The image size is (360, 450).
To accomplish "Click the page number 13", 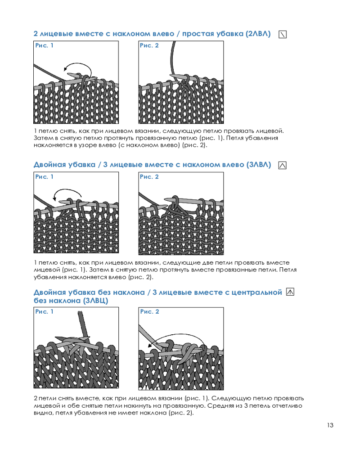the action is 330,425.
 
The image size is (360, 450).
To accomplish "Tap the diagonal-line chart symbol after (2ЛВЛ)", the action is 283,35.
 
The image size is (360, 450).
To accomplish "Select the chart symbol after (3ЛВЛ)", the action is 283,165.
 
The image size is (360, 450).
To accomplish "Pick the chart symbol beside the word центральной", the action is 290,292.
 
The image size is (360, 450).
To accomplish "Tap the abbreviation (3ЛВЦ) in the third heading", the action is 95,301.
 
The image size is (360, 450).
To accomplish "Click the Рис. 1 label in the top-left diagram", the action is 44,45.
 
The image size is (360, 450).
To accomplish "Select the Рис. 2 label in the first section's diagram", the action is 149,45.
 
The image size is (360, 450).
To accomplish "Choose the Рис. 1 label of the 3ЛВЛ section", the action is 44,177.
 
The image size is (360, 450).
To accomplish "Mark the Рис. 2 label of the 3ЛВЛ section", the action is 149,177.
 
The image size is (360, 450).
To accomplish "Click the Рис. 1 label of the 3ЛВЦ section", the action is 44,312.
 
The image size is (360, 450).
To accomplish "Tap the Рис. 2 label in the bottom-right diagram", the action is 149,312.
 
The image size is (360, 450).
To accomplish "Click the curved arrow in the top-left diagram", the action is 81,64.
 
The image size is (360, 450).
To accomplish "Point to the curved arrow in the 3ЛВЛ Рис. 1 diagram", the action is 68,189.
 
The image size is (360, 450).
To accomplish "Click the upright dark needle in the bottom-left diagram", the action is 83,324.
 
